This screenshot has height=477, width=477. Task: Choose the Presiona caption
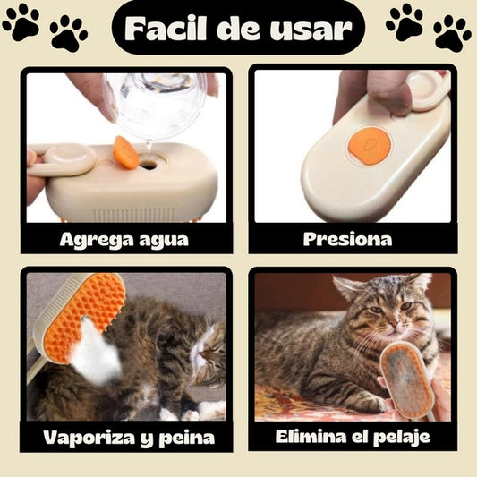(x=347, y=239)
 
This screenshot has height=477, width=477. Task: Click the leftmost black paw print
(x=21, y=21)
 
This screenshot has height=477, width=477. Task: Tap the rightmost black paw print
(x=452, y=33)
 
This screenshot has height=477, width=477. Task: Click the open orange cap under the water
(x=126, y=152)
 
